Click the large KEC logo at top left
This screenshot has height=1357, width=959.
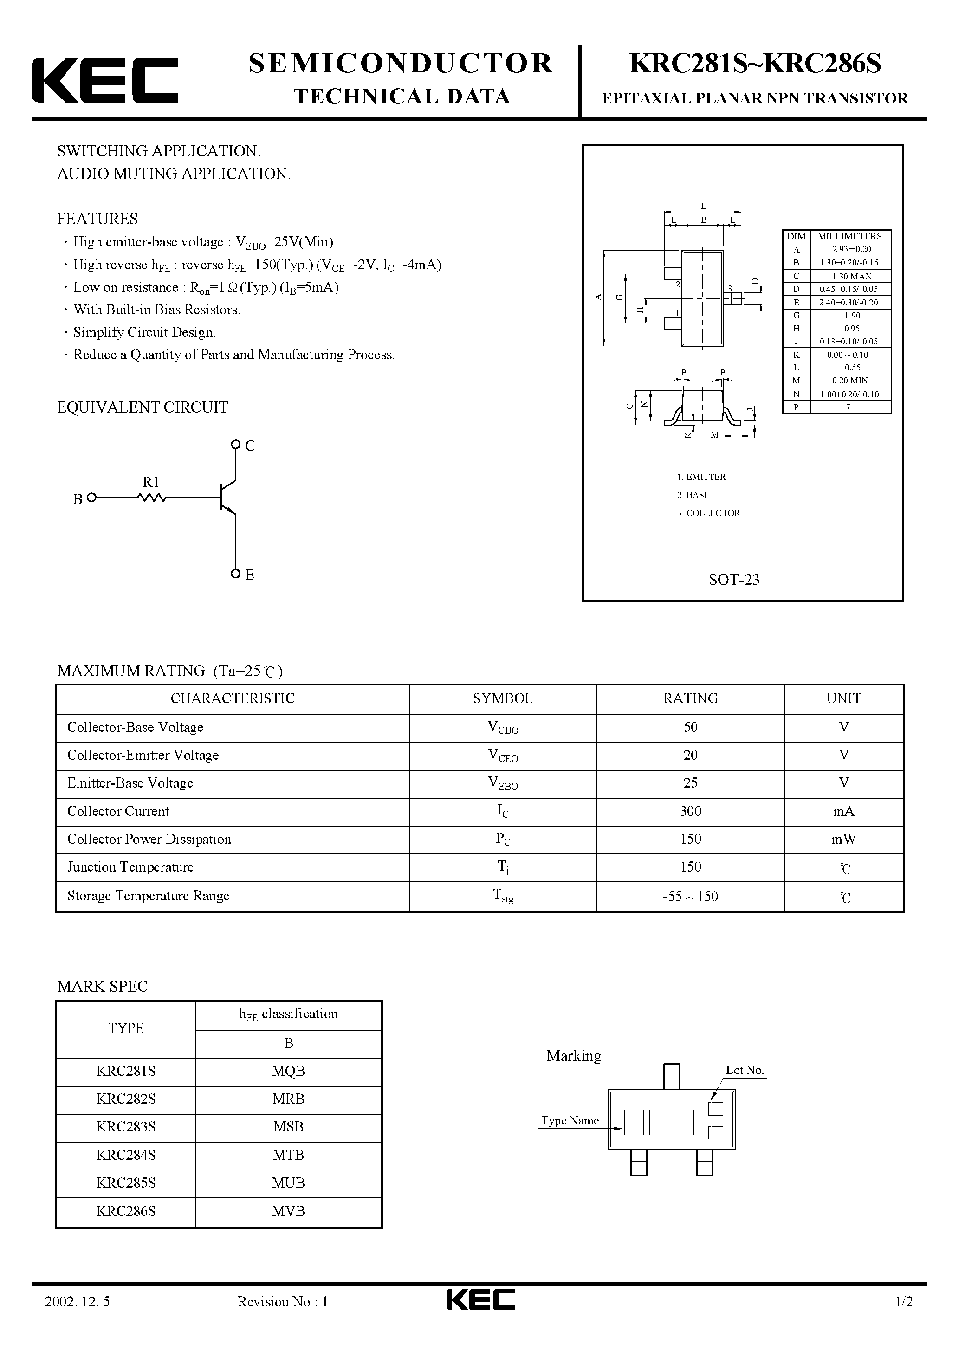(x=104, y=80)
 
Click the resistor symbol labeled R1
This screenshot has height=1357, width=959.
(x=151, y=498)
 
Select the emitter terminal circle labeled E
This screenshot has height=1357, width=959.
(x=235, y=573)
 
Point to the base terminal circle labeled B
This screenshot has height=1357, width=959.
(x=91, y=498)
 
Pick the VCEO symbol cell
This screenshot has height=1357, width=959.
(x=503, y=756)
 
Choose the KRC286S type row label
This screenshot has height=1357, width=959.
(x=126, y=1210)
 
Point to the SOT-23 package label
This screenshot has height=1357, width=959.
(x=734, y=579)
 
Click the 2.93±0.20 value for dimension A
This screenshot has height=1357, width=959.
(x=851, y=249)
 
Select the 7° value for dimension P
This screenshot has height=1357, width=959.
(x=851, y=407)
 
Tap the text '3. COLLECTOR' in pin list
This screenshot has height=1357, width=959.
(x=708, y=513)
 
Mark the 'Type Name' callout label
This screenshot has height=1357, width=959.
(x=570, y=1121)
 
